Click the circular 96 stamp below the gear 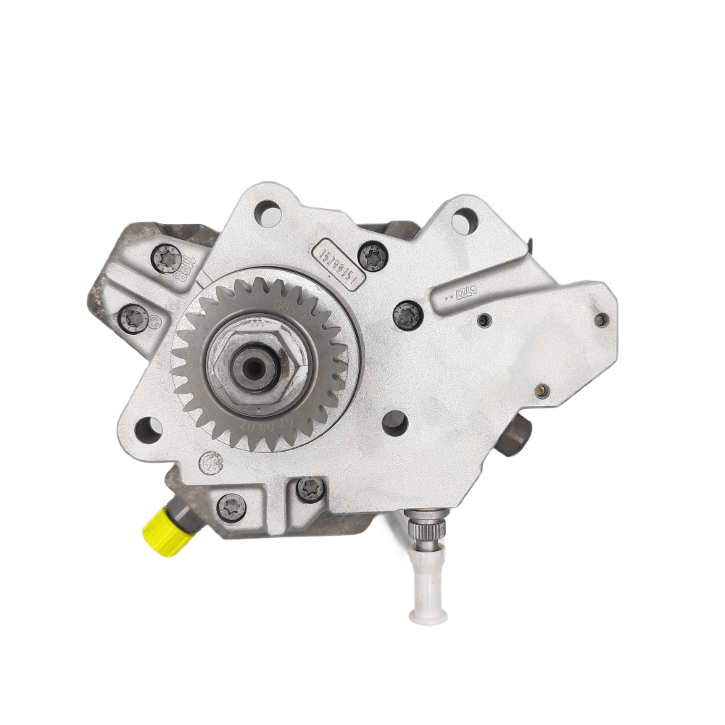coord(212,461)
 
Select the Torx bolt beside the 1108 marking coord(166,259)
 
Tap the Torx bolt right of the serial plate coord(374,254)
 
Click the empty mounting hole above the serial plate coord(268,213)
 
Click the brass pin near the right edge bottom coord(540,392)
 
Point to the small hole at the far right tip coord(600,319)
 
